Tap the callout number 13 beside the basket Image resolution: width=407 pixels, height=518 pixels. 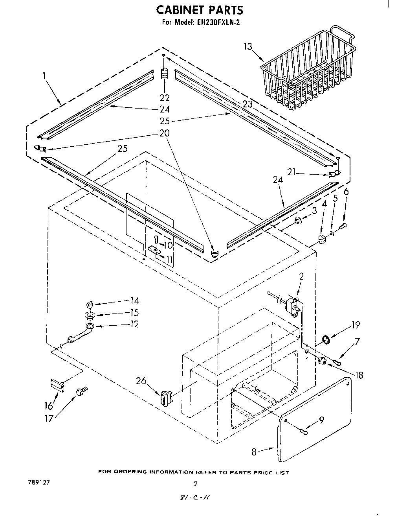[247, 46]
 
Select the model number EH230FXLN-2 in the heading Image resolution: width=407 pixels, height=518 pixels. [216, 22]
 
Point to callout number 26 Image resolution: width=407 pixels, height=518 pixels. [141, 380]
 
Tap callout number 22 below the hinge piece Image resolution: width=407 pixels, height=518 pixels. [165, 98]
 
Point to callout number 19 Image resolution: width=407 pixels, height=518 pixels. [356, 325]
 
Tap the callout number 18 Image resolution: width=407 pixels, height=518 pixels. [359, 375]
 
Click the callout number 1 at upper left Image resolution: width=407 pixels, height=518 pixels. [44, 75]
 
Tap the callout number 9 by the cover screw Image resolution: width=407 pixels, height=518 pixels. [321, 420]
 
